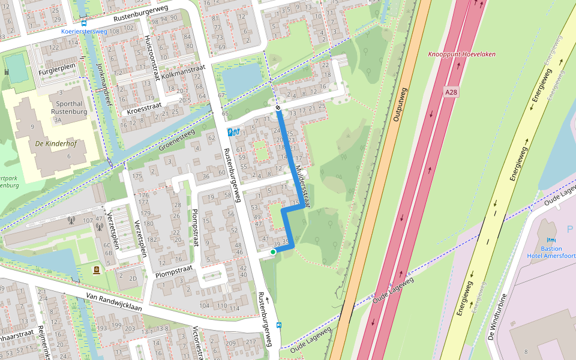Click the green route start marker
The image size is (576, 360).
pyautogui.click(x=273, y=252)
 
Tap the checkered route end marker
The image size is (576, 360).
pyautogui.click(x=278, y=108)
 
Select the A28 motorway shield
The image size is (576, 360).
pyautogui.click(x=452, y=92)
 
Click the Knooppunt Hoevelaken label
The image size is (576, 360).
pyautogui.click(x=462, y=54)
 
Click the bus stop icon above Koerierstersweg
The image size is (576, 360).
pyautogui.click(x=83, y=22)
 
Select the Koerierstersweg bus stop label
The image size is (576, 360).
pyautogui.click(x=83, y=31)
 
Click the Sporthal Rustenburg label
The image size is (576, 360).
pyautogui.click(x=69, y=107)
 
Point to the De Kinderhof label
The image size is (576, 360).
pyautogui.click(x=54, y=144)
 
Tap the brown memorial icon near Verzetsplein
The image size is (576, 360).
pyautogui.click(x=96, y=271)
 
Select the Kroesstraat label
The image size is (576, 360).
pyautogui.click(x=145, y=109)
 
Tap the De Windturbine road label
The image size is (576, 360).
pyautogui.click(x=497, y=316)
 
